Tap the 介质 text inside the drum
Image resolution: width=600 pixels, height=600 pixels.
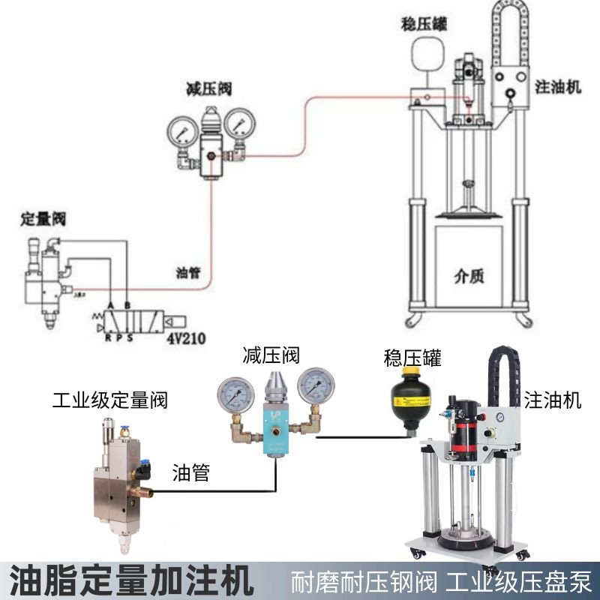(x=469, y=275)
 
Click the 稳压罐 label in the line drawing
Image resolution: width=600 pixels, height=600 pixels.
(x=424, y=25)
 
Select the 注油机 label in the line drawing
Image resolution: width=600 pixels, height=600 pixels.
(x=558, y=87)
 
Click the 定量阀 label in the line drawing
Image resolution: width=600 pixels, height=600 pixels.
(x=43, y=220)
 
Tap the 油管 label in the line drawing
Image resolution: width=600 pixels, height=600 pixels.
(x=188, y=272)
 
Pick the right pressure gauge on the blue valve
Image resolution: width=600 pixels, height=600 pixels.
(x=316, y=385)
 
